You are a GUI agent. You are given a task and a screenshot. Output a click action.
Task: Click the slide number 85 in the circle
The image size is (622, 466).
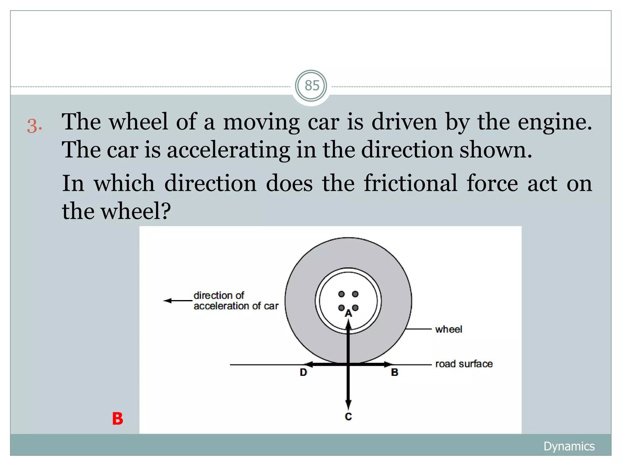point(312,86)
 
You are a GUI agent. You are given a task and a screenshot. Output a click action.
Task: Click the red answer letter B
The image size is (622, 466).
point(118,419)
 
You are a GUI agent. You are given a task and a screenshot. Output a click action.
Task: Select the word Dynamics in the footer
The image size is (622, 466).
point(569,446)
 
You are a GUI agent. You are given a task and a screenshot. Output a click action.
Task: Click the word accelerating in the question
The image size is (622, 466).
point(228,150)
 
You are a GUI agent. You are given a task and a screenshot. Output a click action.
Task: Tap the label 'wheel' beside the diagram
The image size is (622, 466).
point(448,329)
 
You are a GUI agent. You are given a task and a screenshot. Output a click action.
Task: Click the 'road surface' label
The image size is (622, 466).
point(464,364)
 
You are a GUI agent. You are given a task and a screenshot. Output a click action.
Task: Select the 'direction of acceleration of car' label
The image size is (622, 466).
point(236,301)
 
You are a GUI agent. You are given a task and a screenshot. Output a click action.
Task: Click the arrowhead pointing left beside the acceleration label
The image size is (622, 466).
point(167,301)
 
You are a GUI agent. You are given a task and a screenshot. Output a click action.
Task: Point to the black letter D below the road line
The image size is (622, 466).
point(303,372)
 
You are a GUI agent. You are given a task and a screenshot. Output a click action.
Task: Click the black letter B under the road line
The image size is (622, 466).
point(394,372)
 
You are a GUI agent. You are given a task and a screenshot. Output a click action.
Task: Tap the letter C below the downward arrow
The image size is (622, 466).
point(348,417)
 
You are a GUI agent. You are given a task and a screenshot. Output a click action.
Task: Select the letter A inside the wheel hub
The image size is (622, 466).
point(348,313)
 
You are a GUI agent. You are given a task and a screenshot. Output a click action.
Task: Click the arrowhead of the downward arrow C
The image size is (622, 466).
point(348,404)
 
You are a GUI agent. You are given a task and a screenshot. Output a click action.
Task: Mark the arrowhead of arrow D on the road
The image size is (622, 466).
point(308,364)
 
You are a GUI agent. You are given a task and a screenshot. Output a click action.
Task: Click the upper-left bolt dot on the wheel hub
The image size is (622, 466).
point(341,294)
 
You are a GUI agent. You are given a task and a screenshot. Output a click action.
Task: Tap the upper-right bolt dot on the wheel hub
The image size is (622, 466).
point(355,294)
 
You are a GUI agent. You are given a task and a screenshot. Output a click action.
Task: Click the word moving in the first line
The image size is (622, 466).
point(261,122)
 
